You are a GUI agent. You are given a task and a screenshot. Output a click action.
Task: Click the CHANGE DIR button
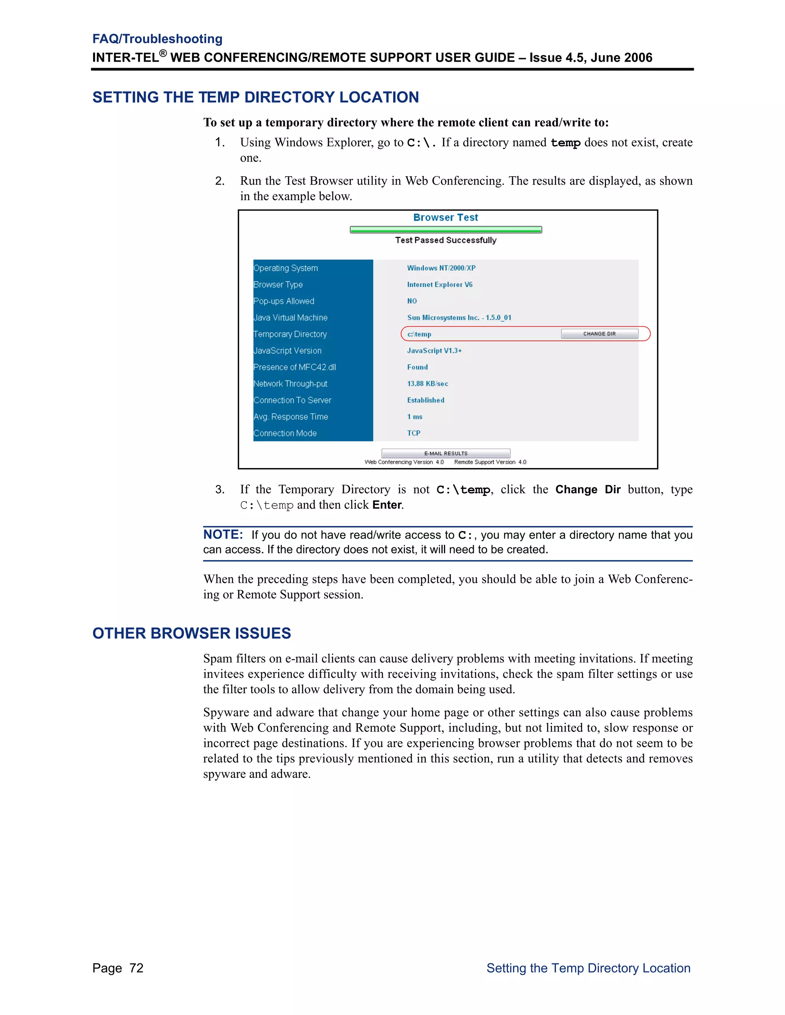click(x=599, y=334)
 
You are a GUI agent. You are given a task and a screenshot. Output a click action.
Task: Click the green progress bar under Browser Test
click(x=445, y=229)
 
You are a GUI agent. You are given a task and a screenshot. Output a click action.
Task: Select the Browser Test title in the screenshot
click(x=445, y=218)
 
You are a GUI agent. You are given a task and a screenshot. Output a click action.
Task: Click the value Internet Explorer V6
click(x=440, y=285)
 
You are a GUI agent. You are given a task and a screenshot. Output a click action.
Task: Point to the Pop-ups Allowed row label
click(x=284, y=301)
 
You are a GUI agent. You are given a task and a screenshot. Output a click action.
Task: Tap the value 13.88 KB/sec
click(x=427, y=383)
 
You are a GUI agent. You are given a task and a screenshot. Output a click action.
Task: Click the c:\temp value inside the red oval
click(x=419, y=334)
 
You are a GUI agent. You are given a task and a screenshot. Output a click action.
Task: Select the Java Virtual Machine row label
click(x=290, y=318)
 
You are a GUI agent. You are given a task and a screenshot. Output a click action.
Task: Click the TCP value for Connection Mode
click(x=414, y=433)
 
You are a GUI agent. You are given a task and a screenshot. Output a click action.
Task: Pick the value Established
click(x=425, y=400)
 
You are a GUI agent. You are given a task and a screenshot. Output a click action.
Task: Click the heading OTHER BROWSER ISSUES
click(x=192, y=633)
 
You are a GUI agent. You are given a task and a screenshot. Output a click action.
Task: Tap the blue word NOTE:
click(x=223, y=534)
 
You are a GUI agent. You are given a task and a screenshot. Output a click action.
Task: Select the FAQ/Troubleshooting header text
click(x=157, y=39)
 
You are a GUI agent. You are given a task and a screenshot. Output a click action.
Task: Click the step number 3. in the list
click(x=220, y=489)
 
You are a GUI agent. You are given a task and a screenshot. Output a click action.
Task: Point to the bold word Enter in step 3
click(x=387, y=505)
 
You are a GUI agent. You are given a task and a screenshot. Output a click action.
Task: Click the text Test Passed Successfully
click(x=445, y=240)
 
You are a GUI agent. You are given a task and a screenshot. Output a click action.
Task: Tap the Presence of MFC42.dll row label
click(x=294, y=367)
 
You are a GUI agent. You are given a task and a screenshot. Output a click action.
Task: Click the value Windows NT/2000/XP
click(x=441, y=268)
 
